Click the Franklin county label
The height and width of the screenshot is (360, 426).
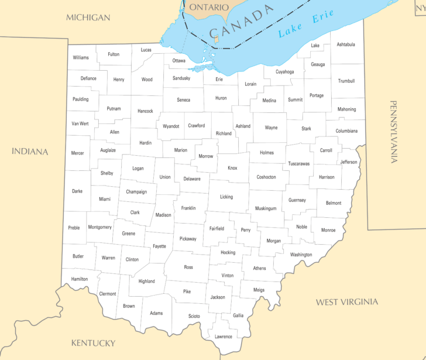[188, 208]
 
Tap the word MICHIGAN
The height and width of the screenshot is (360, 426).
[88, 18]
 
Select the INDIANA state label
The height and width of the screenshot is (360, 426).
[30, 152]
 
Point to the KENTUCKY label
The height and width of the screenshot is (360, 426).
[93, 343]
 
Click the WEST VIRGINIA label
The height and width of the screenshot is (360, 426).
[347, 302]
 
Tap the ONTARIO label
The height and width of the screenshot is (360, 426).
[208, 8]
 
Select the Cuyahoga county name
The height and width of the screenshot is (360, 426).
[284, 72]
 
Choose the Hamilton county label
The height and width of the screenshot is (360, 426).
[79, 279]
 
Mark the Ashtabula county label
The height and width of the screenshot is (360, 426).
[346, 44]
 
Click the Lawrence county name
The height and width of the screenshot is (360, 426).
[223, 337]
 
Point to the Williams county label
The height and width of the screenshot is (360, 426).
[81, 57]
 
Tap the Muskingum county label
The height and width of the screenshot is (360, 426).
[266, 208]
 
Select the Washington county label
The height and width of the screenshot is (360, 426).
[301, 255]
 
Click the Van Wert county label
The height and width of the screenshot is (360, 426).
[80, 124]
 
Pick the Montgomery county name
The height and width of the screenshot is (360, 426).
[99, 227]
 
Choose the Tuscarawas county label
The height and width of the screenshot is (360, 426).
[299, 164]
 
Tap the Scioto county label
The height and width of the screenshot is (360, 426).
[194, 316]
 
